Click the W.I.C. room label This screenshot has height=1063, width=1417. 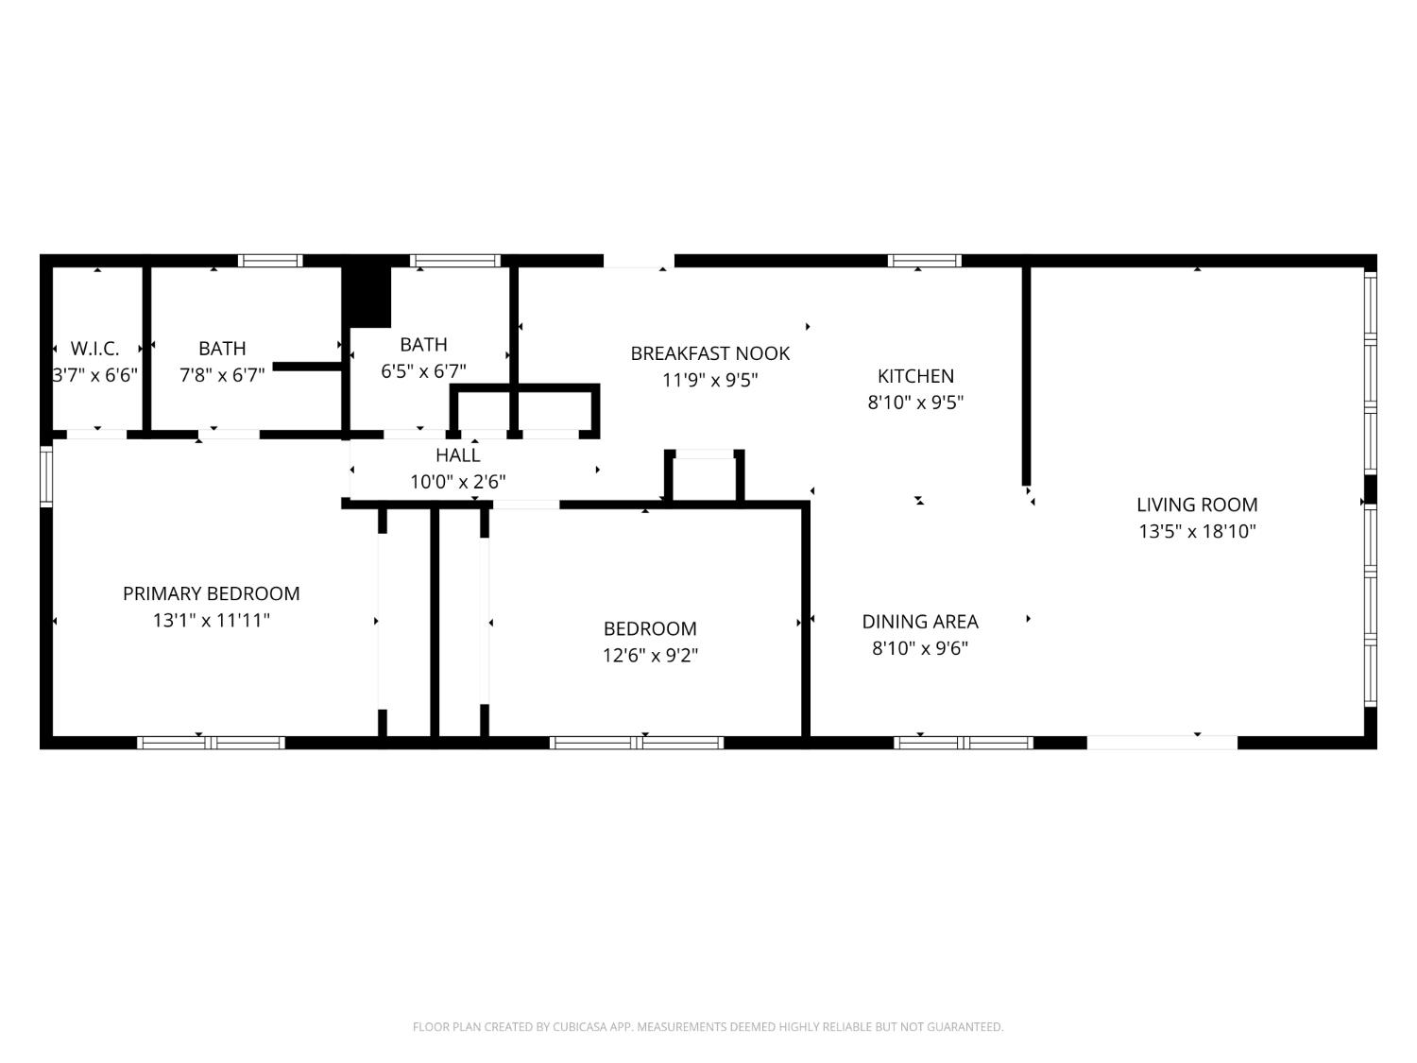click(94, 349)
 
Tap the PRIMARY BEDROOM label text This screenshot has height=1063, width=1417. click(211, 593)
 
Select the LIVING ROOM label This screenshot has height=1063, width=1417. click(1197, 505)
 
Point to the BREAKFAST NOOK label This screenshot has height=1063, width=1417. click(710, 353)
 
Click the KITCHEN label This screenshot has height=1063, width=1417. click(915, 376)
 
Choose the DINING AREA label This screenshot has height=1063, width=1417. click(920, 622)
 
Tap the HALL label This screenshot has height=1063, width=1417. click(458, 455)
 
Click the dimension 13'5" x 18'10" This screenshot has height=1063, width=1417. click(1197, 531)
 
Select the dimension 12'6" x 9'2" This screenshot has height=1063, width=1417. click(650, 656)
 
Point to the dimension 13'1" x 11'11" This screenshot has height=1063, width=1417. click(211, 620)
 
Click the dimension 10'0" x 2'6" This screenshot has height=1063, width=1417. click(458, 482)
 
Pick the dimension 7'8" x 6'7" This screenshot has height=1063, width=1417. click(222, 375)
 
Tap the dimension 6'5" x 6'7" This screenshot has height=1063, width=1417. click(423, 371)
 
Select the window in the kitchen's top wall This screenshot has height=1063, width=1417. click(925, 261)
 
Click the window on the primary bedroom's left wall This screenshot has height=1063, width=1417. click(46, 476)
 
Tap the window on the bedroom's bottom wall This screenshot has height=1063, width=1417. click(637, 743)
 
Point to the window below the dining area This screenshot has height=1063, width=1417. click(964, 743)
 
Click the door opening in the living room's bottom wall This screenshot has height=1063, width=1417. click(1162, 743)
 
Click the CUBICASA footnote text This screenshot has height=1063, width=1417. click(708, 1027)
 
